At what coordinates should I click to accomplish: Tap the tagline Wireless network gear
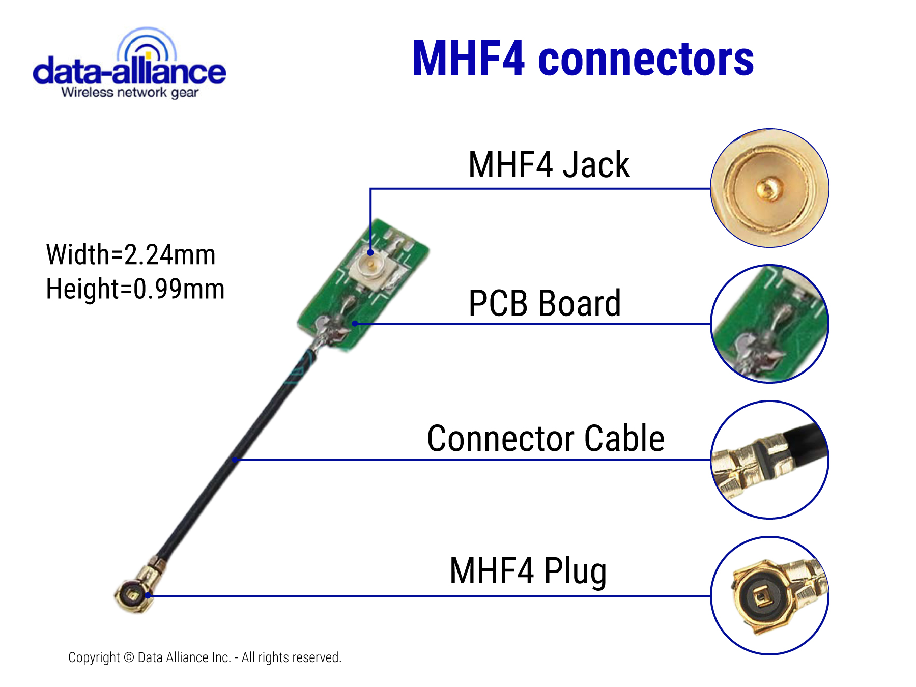point(129,93)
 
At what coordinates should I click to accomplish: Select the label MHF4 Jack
point(549,165)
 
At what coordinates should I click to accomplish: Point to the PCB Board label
point(544,303)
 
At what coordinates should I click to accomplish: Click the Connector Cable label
point(546,438)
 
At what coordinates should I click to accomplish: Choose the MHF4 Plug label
point(528,571)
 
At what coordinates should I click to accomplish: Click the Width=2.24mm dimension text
point(131,254)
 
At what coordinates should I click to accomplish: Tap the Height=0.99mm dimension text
point(135,289)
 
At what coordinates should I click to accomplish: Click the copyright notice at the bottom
point(205,657)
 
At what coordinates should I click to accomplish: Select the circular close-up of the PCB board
point(769,324)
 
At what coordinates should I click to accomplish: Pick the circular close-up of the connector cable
point(769,460)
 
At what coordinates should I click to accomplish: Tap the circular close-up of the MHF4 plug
point(769,595)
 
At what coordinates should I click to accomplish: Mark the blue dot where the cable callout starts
point(235,460)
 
